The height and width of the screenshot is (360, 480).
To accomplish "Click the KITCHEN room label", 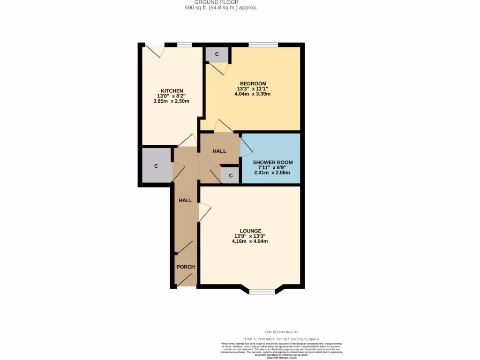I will [x=172, y=91].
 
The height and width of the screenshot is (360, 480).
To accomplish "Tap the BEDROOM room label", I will [x=253, y=84].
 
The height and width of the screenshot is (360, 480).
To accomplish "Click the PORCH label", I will [x=185, y=267].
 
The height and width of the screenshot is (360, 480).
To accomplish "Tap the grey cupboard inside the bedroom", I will [x=217, y=54].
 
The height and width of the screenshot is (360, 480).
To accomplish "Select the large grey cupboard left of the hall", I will [x=156, y=166].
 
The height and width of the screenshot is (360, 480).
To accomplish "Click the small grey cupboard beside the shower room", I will [x=230, y=176].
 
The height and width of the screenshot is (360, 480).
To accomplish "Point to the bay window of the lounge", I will [x=262, y=291].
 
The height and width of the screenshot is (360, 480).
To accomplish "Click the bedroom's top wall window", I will [x=263, y=45].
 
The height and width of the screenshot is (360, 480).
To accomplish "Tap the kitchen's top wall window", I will [x=185, y=45].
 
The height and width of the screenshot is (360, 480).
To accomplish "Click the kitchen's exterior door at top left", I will [x=154, y=50].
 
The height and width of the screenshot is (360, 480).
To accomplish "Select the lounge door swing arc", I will [x=204, y=212].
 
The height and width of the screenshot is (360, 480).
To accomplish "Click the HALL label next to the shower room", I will [x=219, y=151].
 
